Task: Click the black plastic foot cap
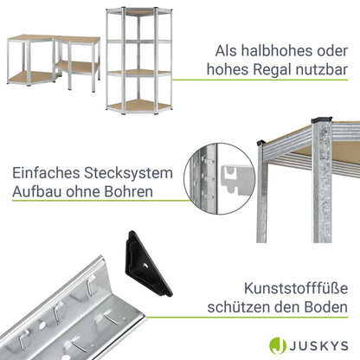[147, 264]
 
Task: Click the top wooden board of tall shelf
[138, 13]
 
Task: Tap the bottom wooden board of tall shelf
[138, 106]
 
